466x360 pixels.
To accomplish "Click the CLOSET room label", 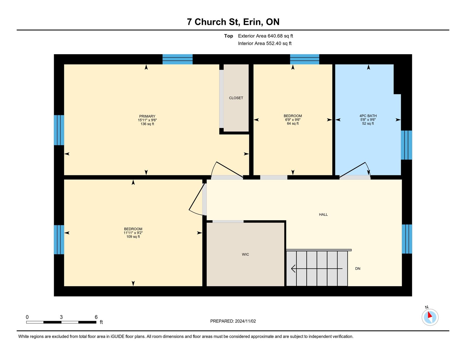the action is coord(236,98).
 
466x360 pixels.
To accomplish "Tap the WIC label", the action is coord(245,255).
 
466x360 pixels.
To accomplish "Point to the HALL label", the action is coord(323,215).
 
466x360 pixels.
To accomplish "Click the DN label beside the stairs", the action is coord(357,269).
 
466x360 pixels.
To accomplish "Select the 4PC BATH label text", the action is coord(368,116).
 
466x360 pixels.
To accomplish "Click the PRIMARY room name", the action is coord(147,116).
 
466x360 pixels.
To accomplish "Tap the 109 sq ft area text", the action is coord(133,237).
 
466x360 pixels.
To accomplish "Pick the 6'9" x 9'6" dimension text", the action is coord(293,120).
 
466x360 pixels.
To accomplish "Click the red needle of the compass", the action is coord(430,315).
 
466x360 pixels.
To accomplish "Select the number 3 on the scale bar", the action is coord(61,317).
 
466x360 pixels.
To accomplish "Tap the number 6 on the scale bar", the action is coord(96,317).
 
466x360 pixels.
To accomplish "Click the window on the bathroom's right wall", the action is coord(406,145).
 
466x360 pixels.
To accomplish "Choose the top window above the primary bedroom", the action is coord(177,59).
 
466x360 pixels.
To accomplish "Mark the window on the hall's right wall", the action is coord(407,239).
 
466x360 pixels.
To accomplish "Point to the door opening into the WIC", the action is coord(228,221).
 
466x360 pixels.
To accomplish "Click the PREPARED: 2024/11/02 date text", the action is coord(233,321).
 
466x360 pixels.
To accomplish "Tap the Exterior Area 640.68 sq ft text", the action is coord(265,36).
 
